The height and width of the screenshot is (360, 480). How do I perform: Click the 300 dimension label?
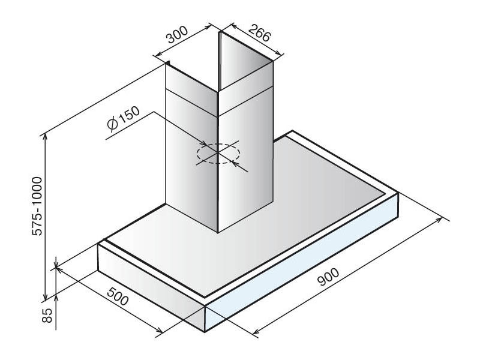(177, 35)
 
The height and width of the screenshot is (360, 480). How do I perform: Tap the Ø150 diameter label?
(124, 118)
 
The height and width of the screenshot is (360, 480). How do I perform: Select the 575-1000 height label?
(37, 206)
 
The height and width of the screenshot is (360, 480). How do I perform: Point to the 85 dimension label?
(47, 315)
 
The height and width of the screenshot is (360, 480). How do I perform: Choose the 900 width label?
(328, 277)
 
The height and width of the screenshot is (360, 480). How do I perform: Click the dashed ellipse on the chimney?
(218, 154)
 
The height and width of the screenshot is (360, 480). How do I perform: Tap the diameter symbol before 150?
(113, 124)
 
